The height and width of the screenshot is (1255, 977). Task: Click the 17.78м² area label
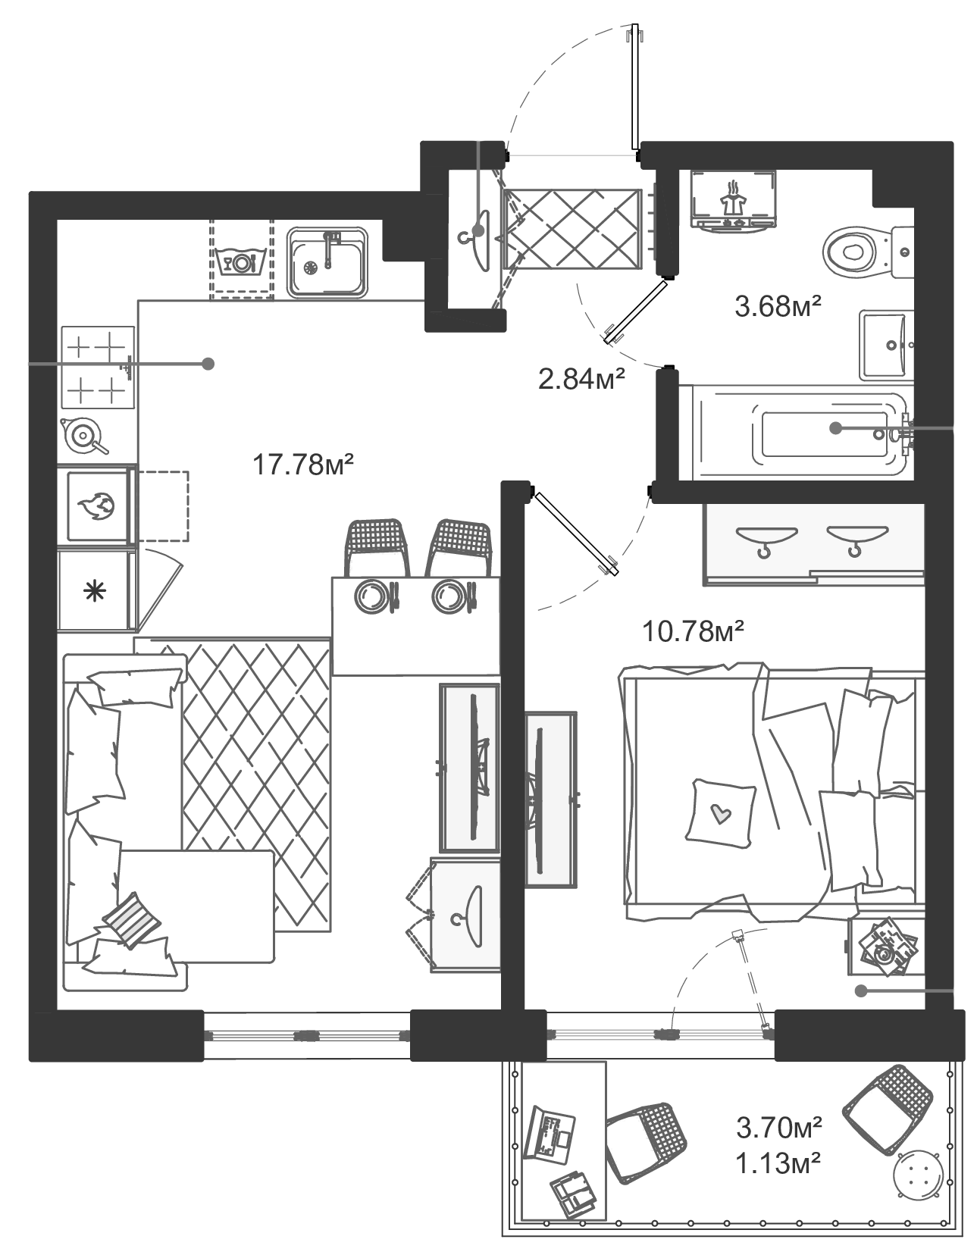click(303, 464)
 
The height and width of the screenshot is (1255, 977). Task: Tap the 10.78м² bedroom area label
click(693, 631)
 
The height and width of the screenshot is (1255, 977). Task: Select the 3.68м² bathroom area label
click(778, 307)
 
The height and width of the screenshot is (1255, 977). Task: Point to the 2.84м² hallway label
click(581, 378)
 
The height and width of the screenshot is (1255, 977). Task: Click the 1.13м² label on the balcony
click(778, 1163)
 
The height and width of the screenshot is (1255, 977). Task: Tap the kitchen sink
click(327, 262)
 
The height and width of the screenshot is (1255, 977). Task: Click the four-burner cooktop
click(96, 368)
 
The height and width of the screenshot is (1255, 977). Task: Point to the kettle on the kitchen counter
click(83, 436)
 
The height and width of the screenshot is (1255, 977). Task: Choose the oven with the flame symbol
click(97, 505)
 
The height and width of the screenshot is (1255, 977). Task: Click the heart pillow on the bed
click(720, 813)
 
